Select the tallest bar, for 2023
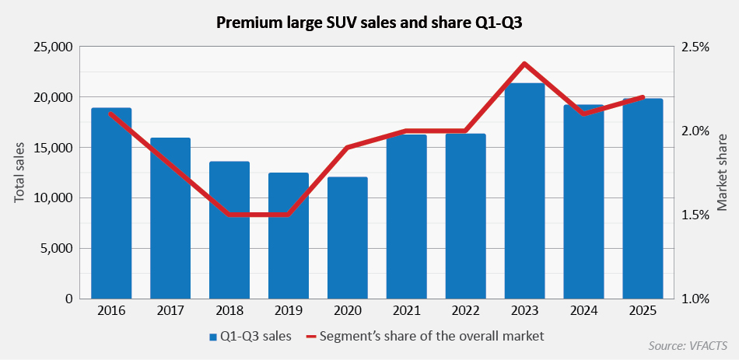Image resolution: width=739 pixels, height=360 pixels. click(x=524, y=191)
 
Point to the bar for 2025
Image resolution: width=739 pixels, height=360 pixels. click(x=643, y=199)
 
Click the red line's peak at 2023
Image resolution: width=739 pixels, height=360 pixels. click(x=524, y=63)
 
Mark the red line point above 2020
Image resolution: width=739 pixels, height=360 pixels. click(x=348, y=147)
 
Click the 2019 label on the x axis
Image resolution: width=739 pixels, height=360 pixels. click(x=289, y=310)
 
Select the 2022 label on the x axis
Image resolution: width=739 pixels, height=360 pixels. click(x=465, y=310)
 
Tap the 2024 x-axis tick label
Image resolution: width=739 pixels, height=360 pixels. click(x=583, y=310)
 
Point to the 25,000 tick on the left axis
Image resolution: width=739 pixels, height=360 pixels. click(x=54, y=47)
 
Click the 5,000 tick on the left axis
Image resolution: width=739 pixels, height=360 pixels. click(x=58, y=249)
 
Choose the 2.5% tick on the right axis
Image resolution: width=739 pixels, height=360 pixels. click(x=695, y=47)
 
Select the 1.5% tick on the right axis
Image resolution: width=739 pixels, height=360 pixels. click(x=695, y=215)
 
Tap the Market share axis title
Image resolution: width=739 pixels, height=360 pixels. click(x=722, y=173)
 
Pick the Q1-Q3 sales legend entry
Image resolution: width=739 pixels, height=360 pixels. click(x=250, y=337)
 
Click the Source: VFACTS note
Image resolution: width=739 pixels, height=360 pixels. click(x=687, y=345)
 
